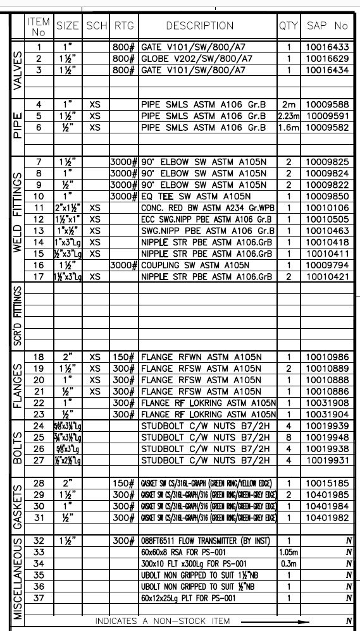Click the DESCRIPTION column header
click(199, 26)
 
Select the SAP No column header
click(327, 26)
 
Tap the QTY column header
click(288, 26)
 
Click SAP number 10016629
click(327, 59)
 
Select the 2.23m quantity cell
click(289, 116)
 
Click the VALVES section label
click(17, 70)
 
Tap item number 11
click(39, 207)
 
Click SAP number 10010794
click(327, 266)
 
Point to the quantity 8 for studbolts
click(289, 437)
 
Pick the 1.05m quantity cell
click(289, 552)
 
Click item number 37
click(39, 598)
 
